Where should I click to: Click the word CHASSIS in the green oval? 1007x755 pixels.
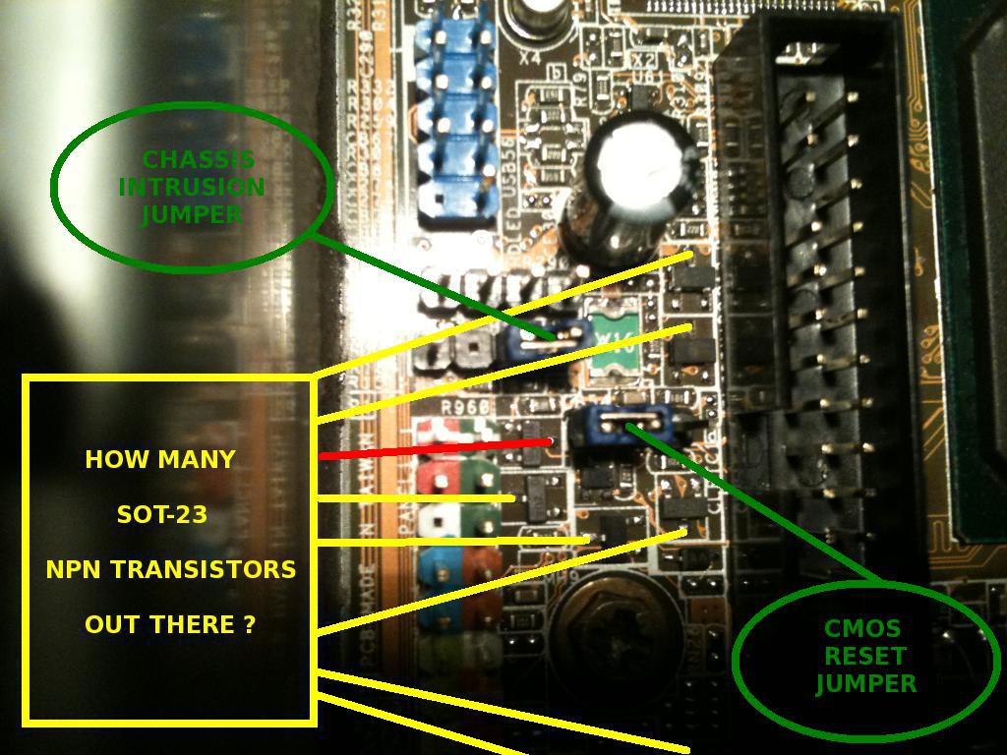(x=199, y=159)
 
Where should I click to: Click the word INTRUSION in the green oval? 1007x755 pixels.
(x=192, y=187)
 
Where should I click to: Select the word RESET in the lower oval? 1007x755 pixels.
(x=865, y=656)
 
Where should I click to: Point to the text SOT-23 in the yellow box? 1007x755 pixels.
(x=161, y=514)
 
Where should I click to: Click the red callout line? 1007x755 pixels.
(x=433, y=448)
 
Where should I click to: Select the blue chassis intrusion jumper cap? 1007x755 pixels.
(x=540, y=340)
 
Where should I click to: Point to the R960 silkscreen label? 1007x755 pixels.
(x=464, y=406)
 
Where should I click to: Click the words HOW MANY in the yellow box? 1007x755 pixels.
(x=160, y=459)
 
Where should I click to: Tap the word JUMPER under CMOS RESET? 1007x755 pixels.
(x=865, y=683)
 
